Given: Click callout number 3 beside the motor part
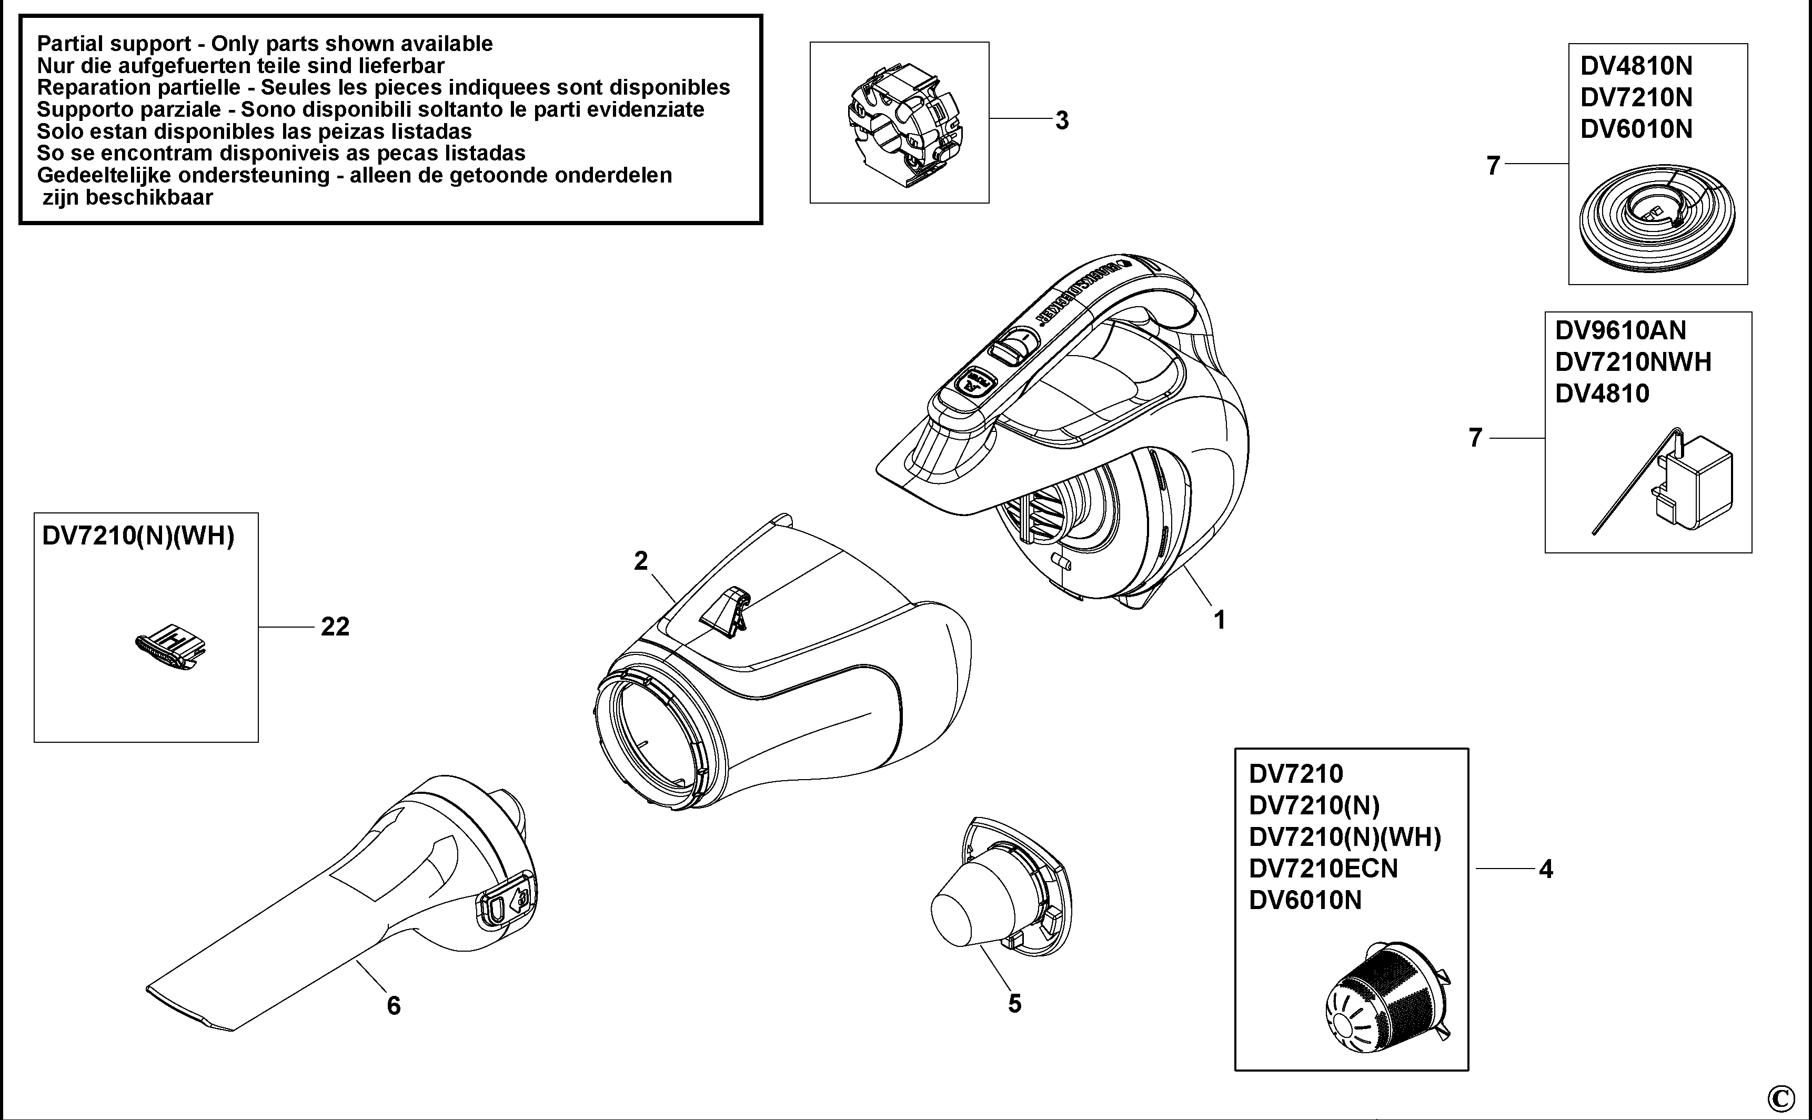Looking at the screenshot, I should coord(1062,121).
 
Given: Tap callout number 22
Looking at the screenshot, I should coord(335,628).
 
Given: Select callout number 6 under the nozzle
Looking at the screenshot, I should coord(394,1006).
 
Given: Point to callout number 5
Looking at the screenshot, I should coord(1014,1004).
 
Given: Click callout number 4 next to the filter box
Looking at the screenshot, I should coord(1545,869).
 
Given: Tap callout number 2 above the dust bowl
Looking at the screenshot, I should coord(641,561).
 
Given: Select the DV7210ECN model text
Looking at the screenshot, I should coord(1323,869).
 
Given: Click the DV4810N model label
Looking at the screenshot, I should coord(1636,66).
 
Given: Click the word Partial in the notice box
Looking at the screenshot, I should coord(69,44).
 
